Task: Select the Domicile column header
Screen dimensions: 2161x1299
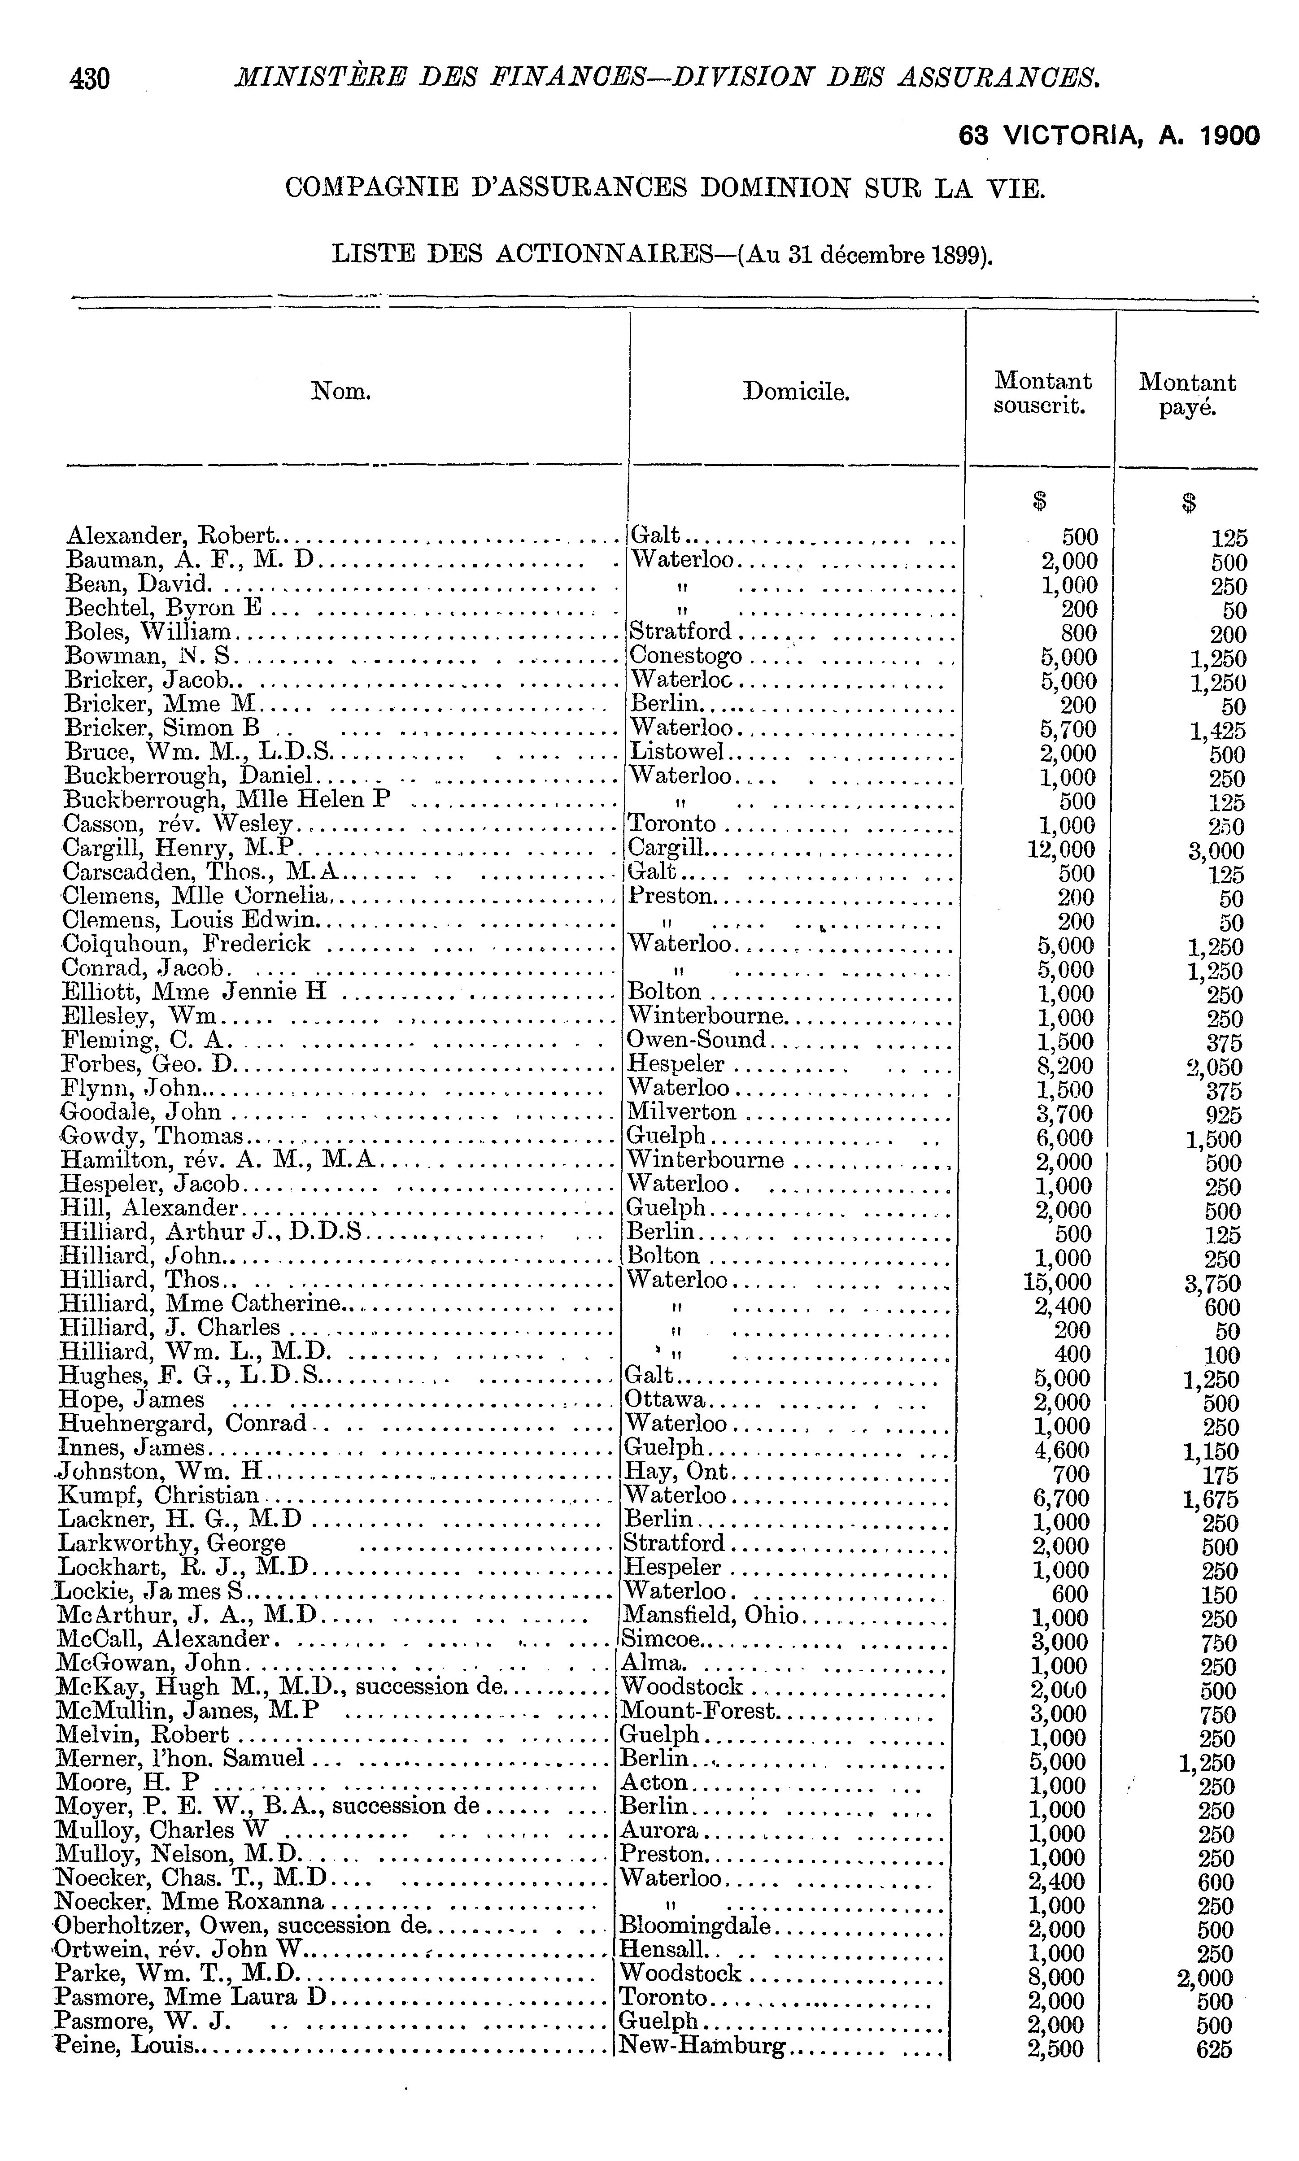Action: [796, 391]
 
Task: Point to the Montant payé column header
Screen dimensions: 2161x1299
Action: [1187, 394]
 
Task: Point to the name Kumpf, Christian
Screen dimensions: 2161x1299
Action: [159, 1495]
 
